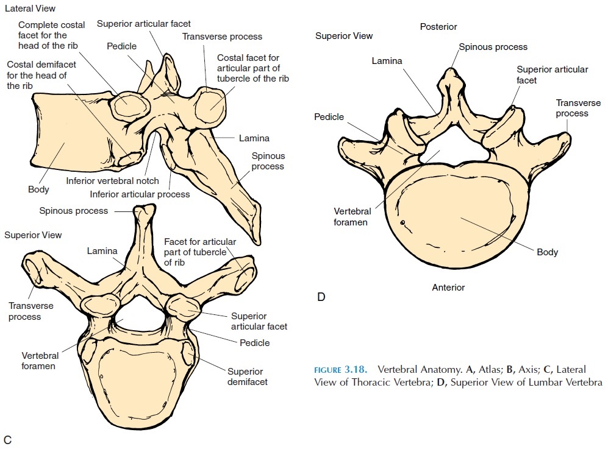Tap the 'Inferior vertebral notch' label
(113, 181)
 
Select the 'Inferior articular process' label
(140, 194)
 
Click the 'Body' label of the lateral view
(38, 189)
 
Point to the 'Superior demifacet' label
(245, 377)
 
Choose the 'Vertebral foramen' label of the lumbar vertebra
(351, 216)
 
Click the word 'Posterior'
(438, 27)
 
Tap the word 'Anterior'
(448, 288)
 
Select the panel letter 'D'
(321, 297)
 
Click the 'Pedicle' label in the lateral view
(122, 46)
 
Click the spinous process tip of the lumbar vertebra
(450, 75)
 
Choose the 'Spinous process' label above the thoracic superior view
(74, 211)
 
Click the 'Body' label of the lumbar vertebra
(547, 252)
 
